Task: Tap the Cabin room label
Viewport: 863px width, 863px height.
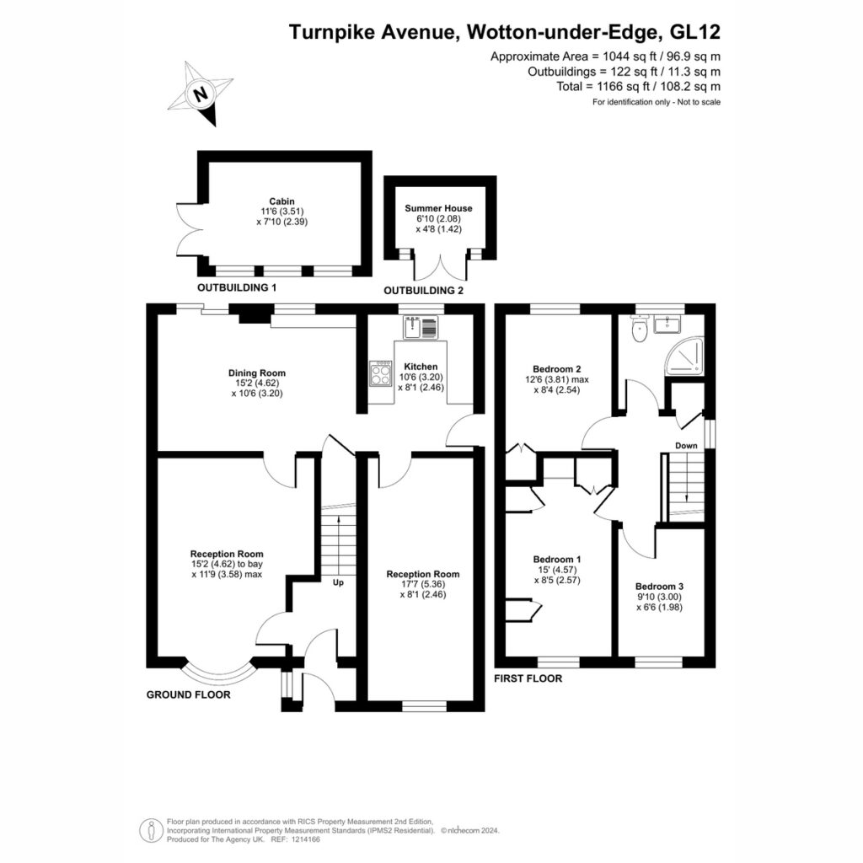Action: tap(281, 201)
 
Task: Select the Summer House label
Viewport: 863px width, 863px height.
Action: tap(438, 208)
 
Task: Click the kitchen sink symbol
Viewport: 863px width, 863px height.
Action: tap(421, 328)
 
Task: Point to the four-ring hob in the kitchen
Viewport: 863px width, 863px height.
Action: tap(380, 373)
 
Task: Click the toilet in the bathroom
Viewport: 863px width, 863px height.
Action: tap(640, 330)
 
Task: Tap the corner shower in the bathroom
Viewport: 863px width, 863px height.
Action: tap(684, 356)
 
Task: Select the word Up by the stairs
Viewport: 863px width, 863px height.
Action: tap(338, 582)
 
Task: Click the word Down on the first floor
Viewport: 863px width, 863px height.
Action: tap(686, 445)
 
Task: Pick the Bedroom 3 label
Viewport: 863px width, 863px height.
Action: tap(659, 587)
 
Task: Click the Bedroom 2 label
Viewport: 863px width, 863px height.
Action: tap(557, 369)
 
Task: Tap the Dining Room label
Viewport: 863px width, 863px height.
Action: tap(257, 373)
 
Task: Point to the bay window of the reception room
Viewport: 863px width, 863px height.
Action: tap(220, 673)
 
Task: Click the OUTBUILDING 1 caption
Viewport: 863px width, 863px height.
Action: tap(237, 287)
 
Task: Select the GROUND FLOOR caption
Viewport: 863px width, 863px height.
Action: tap(188, 694)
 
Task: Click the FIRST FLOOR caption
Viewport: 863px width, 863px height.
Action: tap(528, 678)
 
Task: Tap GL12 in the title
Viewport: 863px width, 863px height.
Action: tap(694, 32)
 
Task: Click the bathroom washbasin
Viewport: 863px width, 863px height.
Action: tap(667, 324)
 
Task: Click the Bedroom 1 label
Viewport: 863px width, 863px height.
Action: tap(557, 560)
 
